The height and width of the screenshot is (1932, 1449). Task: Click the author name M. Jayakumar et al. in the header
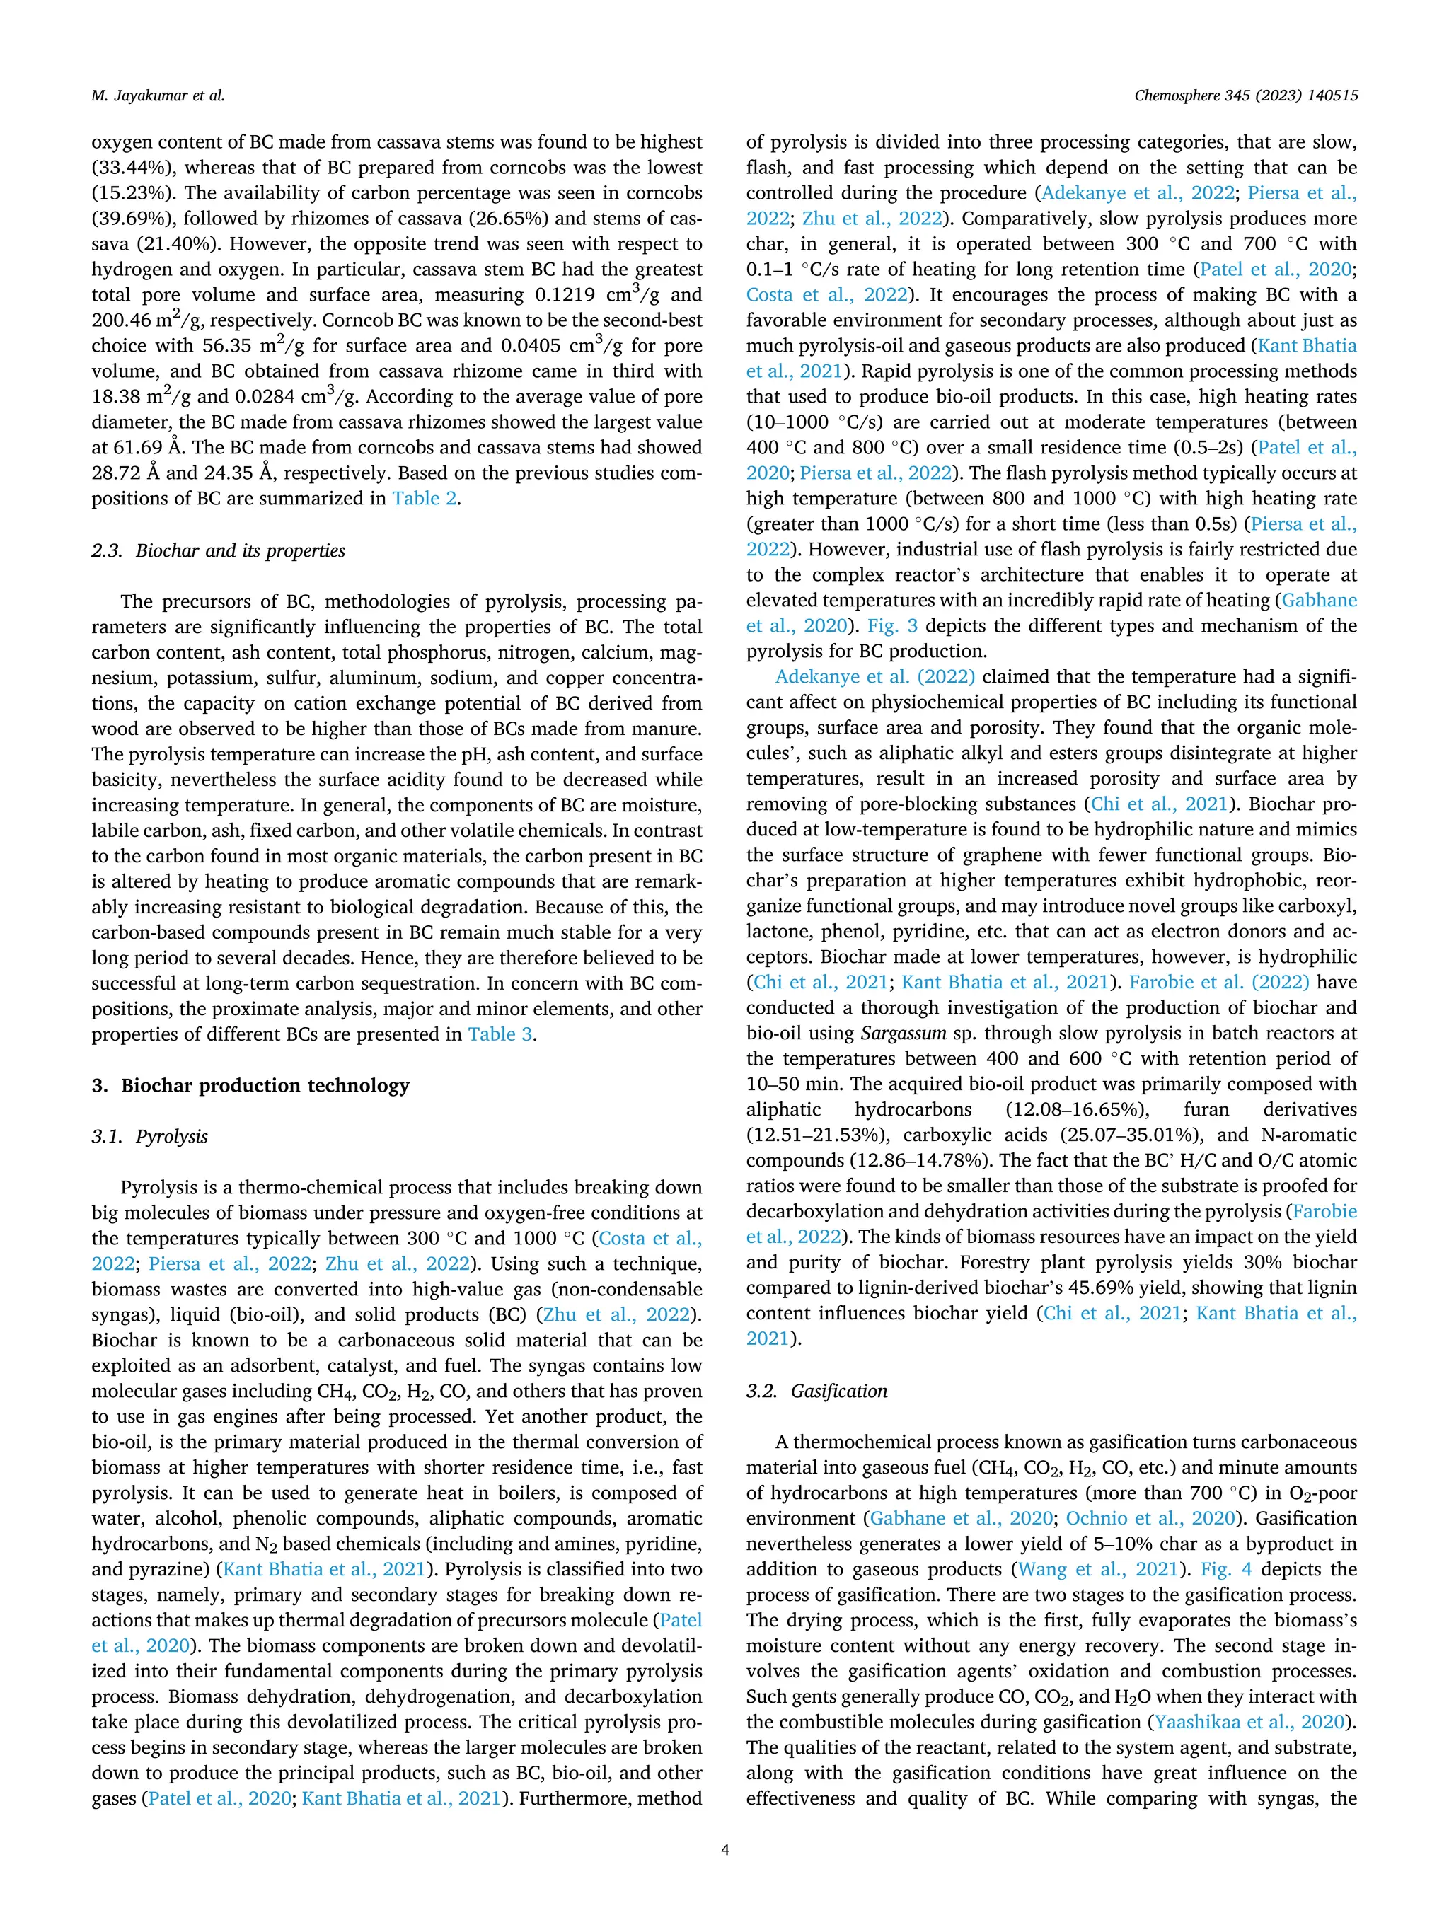pos(157,96)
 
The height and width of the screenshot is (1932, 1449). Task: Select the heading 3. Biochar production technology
pos(250,1086)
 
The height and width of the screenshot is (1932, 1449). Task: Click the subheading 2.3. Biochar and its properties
pos(219,551)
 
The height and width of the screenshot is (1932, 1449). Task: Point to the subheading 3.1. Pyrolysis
pos(150,1136)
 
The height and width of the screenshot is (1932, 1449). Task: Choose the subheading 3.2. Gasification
pos(816,1392)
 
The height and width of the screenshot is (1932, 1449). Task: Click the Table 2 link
pos(425,499)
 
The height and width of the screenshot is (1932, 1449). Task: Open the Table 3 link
pos(500,1035)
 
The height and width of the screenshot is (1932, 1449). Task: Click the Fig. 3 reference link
pos(894,626)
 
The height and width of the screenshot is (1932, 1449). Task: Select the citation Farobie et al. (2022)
pos(1218,983)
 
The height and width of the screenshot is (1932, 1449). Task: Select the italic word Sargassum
pos(903,1034)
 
